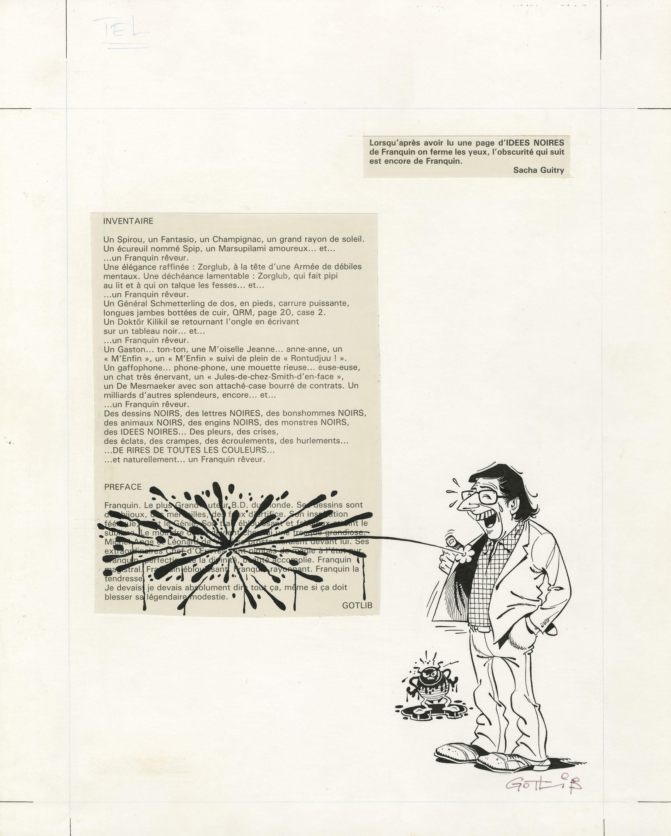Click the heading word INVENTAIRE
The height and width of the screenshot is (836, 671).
tap(128, 221)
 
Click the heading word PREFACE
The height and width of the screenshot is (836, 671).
tap(123, 487)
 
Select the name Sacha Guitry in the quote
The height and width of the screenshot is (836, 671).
tap(539, 170)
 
